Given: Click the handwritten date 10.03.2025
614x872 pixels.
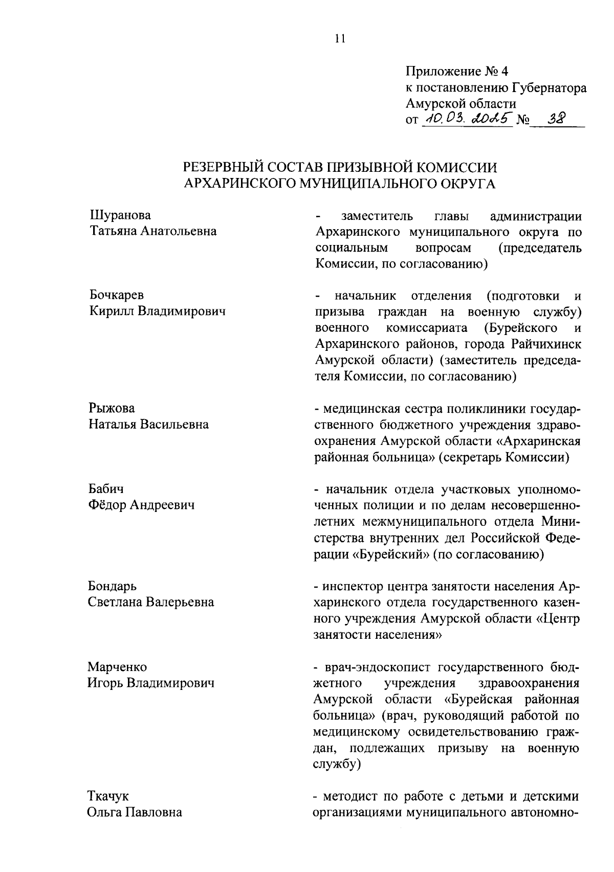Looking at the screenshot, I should [x=466, y=119].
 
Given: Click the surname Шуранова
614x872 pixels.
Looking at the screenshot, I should [x=120, y=215].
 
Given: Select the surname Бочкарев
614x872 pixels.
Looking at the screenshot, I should [x=117, y=295].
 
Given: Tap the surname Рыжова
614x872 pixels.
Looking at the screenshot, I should [x=112, y=408].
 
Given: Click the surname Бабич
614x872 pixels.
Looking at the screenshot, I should [x=106, y=489].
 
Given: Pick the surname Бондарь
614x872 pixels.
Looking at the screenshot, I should [x=112, y=586].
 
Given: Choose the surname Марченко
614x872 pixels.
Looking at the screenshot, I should [x=117, y=667].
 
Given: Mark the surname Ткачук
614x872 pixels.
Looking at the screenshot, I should [x=108, y=796].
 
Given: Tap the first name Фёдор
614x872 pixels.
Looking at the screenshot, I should [x=106, y=505].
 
